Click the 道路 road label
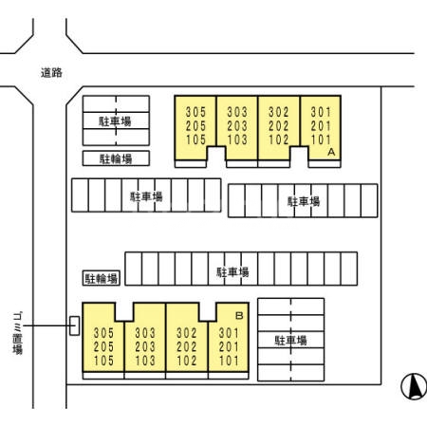click(x=51, y=73)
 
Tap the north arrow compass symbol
click(x=414, y=386)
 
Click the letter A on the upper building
click(x=331, y=152)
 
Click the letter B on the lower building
click(x=239, y=315)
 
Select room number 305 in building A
click(x=195, y=112)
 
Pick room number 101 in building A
click(x=321, y=139)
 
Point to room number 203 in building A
click(x=237, y=126)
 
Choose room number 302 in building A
click(x=279, y=112)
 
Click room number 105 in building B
click(x=103, y=361)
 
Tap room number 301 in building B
click(x=229, y=333)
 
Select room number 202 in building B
click(x=187, y=346)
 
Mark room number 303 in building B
click(x=145, y=333)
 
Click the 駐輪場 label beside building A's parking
click(x=116, y=158)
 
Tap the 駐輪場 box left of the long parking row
click(x=102, y=278)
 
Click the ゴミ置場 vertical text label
click(x=18, y=333)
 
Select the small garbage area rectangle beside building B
click(x=74, y=325)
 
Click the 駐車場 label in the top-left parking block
click(x=115, y=121)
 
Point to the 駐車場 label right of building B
click(x=290, y=341)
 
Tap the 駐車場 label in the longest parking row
click(x=232, y=272)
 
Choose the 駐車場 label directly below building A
click(x=304, y=201)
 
